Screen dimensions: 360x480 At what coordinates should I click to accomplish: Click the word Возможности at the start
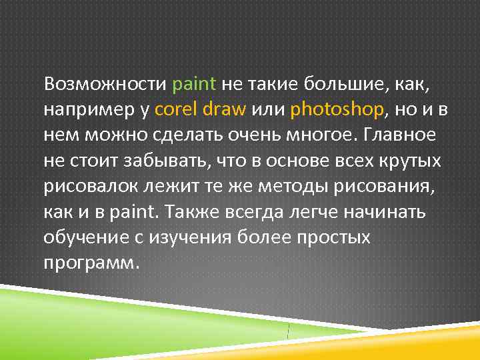(x=105, y=85)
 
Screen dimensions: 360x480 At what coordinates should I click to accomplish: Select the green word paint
(x=194, y=85)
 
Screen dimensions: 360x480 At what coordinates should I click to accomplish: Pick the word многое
(x=315, y=135)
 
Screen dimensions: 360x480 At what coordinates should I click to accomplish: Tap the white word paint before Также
(x=122, y=211)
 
